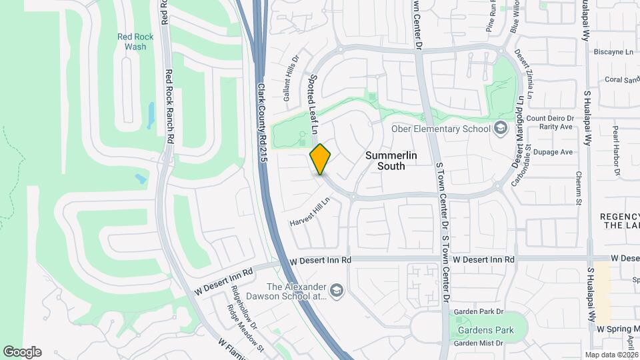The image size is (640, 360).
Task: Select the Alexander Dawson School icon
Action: (x=337, y=290)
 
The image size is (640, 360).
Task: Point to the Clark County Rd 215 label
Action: (x=262, y=124)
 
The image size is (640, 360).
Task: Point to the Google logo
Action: (x=22, y=352)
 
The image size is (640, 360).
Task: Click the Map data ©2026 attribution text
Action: (x=611, y=355)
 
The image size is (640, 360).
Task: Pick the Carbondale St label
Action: (x=527, y=167)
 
